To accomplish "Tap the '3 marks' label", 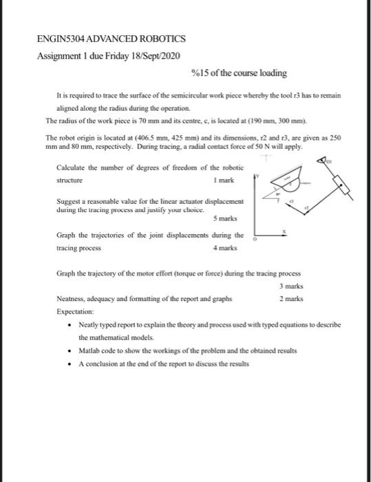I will [x=291, y=286].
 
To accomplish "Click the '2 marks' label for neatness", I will [x=291, y=299].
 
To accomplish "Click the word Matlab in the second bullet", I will [x=90, y=350].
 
